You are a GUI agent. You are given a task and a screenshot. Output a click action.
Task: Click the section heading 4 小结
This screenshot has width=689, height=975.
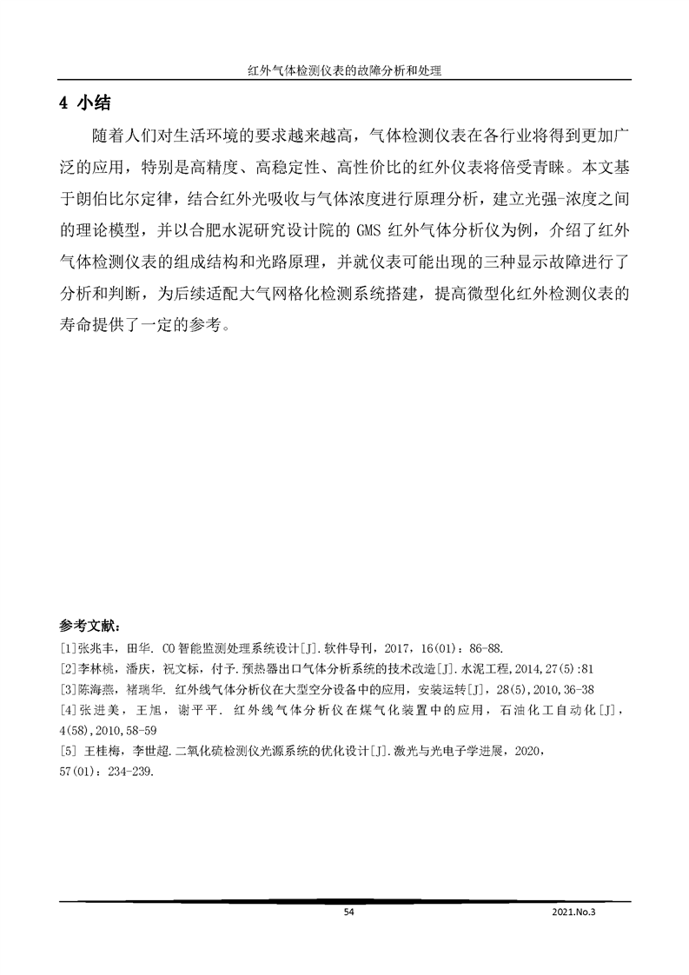tap(83, 103)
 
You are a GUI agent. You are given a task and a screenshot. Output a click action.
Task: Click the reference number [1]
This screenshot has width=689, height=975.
tap(69, 647)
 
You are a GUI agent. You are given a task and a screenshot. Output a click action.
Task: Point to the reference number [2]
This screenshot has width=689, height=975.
tap(69, 668)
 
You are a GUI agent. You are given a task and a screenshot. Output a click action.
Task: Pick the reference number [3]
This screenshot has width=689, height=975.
tap(69, 689)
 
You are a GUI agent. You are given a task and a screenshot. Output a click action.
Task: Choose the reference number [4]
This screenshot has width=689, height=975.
tap(69, 710)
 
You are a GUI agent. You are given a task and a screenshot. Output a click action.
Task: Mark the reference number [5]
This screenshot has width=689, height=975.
tap(69, 752)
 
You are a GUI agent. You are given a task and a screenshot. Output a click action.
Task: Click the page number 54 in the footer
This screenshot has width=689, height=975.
tap(349, 912)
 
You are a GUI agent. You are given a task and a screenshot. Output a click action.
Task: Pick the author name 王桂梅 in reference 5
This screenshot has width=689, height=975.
tap(108, 752)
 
